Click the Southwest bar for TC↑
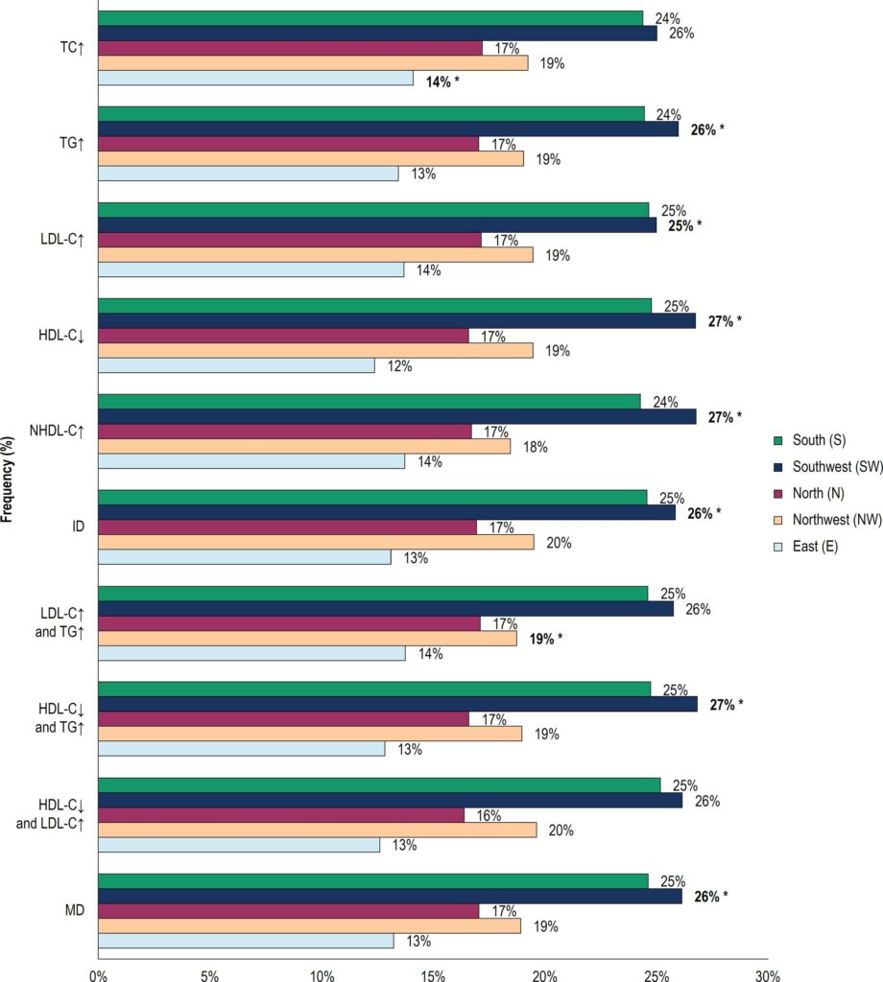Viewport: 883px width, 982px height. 378,34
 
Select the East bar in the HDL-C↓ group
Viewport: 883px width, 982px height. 236,365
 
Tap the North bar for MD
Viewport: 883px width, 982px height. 289,911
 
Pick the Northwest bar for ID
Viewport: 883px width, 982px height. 317,543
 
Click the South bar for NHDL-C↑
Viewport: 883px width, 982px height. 370,402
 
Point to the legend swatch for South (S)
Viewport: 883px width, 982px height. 778,440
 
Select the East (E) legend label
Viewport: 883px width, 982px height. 815,546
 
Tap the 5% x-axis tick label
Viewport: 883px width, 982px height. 210,976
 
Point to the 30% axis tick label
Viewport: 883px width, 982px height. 768,976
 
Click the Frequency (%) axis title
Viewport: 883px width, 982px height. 7,479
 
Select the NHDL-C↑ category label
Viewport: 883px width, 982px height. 57,431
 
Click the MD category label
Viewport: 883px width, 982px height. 75,910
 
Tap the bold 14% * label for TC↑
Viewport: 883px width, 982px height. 442,82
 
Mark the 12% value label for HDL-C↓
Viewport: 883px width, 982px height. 400,366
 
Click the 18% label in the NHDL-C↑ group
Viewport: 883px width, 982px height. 536,447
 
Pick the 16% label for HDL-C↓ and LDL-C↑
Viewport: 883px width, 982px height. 489,815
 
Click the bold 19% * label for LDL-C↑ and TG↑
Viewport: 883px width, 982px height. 546,640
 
